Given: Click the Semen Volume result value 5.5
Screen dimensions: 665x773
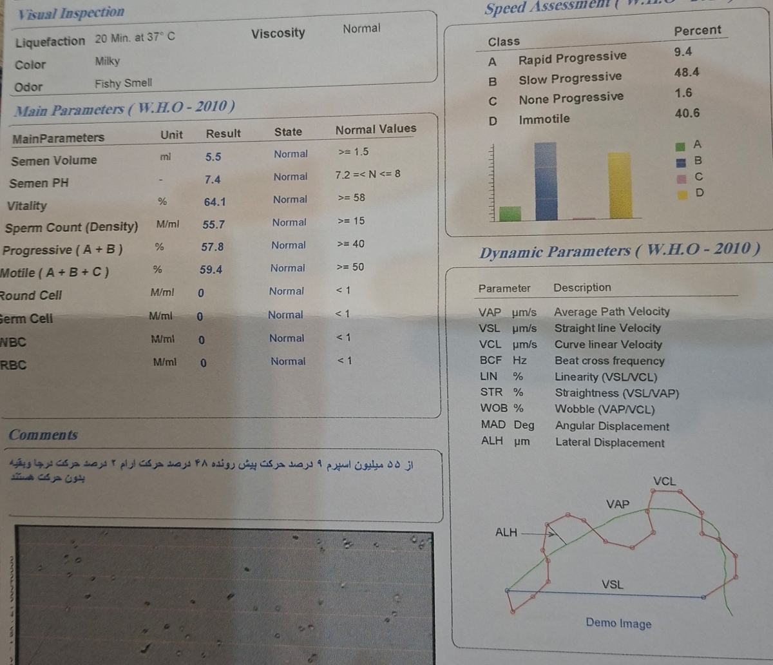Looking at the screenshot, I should coord(213,157).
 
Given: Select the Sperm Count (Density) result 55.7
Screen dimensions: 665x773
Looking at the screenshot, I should coord(213,224).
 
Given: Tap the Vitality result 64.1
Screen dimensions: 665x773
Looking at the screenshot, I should coord(215,202).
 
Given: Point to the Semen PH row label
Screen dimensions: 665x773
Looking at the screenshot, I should coord(39,183).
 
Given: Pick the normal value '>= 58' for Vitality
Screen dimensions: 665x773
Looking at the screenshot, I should coord(351,198).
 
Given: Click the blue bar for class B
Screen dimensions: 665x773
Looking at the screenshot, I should coord(546,182).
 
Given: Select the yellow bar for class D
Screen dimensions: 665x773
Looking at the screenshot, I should coord(619,186).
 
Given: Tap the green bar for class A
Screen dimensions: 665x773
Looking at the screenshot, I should coord(510,213).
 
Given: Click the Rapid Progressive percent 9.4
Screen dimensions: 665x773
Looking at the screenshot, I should coord(683,52).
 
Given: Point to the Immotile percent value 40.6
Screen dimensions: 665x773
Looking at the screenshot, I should coord(687,113).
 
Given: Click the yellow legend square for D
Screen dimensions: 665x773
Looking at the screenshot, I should coord(682,195).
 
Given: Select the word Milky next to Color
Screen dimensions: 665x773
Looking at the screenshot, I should coord(107,62).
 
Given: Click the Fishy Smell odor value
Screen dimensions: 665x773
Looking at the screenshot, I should coord(123,83).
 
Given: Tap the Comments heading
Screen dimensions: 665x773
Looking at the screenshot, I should coord(43,435).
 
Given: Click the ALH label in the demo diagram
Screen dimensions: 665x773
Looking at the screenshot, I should coord(506,532).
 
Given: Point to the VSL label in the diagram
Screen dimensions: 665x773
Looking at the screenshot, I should coord(612,584).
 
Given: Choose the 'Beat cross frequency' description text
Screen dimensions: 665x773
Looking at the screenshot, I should coord(609,361).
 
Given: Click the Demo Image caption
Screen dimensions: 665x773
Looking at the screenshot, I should coord(618,623).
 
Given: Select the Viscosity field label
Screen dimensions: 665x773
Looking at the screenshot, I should coord(278,34).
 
